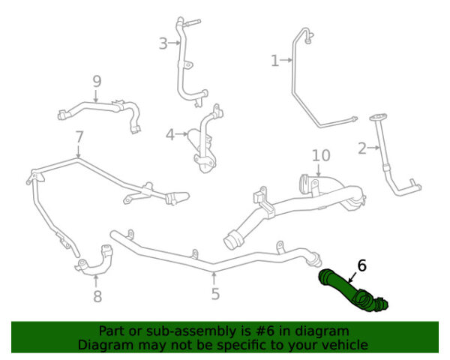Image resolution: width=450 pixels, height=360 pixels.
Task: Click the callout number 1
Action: click(x=275, y=61)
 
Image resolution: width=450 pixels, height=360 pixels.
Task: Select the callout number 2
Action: click(x=362, y=148)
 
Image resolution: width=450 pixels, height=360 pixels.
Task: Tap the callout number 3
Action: click(x=163, y=43)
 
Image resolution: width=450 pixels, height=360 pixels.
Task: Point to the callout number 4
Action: click(x=170, y=135)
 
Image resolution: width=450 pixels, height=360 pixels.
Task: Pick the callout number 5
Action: click(x=215, y=294)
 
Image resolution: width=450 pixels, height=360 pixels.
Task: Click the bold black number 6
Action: click(x=362, y=265)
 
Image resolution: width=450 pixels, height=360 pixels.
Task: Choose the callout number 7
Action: click(x=79, y=137)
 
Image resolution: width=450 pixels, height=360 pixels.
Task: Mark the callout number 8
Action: click(x=97, y=296)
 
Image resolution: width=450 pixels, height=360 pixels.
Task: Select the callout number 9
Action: click(x=97, y=82)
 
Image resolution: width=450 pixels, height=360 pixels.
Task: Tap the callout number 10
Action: click(x=321, y=155)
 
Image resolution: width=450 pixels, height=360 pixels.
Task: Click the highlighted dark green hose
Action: click(x=352, y=290)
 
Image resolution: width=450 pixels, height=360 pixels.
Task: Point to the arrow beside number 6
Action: click(x=352, y=277)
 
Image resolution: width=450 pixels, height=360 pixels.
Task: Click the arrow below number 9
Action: click(x=96, y=96)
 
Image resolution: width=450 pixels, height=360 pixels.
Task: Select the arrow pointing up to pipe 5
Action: click(x=214, y=278)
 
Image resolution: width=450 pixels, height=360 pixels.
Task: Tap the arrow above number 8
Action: click(x=96, y=281)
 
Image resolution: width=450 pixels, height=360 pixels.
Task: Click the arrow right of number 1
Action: click(x=286, y=60)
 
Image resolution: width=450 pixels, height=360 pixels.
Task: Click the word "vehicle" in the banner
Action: click(x=348, y=345)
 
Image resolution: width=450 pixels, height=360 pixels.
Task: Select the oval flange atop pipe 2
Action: click(x=378, y=118)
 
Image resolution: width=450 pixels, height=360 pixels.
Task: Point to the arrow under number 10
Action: click(x=319, y=170)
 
